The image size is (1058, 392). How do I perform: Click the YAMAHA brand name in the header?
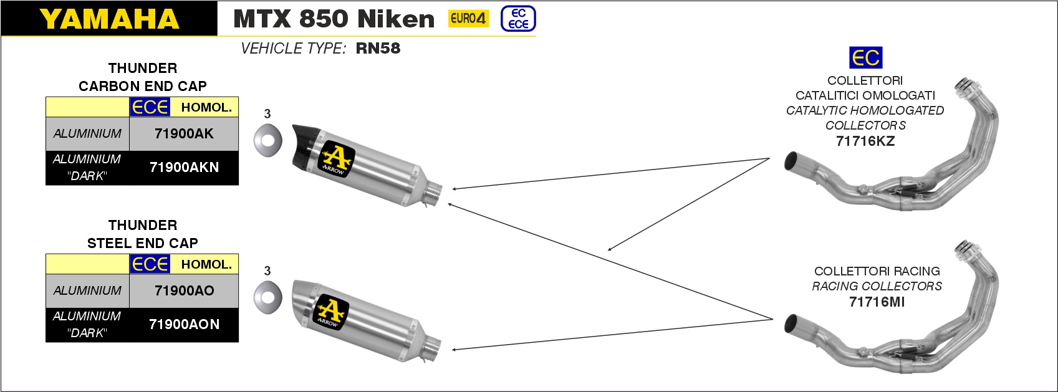point(109,19)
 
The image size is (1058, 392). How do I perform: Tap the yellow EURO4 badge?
point(468,19)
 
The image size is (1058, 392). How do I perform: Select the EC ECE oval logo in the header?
point(518,19)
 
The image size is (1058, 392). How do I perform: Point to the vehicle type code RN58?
point(378,48)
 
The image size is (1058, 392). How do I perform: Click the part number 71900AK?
point(184,133)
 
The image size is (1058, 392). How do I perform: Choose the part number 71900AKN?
point(184,167)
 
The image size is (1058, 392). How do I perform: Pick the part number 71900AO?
point(184,290)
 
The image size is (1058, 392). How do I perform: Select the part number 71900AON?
point(184,325)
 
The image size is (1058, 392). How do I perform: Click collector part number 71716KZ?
point(865,141)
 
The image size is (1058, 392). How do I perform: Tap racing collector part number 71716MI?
point(877,302)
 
